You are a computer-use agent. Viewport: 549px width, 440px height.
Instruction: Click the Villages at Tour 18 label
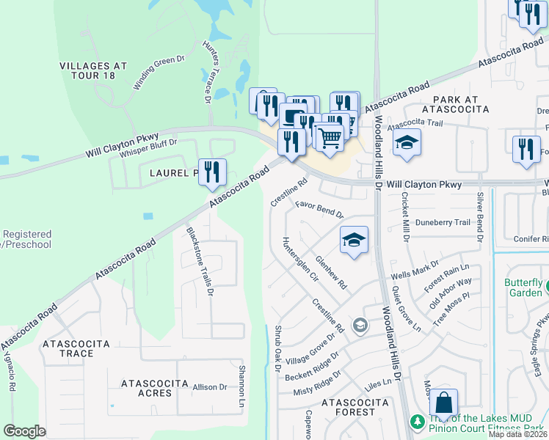coord(92,71)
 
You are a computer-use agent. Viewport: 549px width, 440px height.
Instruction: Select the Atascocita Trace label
coord(76,348)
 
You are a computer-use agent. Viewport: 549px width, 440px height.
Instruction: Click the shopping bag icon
coord(443,403)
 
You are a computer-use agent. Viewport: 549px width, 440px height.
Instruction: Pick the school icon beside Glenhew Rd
coord(354,239)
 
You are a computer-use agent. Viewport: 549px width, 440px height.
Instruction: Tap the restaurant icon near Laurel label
coord(211,172)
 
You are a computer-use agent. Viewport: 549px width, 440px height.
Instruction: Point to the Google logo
coord(24,431)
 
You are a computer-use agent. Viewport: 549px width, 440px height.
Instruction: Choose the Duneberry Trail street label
coord(442,222)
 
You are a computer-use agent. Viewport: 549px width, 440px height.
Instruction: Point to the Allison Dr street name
coord(210,386)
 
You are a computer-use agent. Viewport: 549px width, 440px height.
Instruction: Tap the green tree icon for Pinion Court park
coord(417,422)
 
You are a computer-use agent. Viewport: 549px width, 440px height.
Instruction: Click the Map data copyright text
coord(517,434)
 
